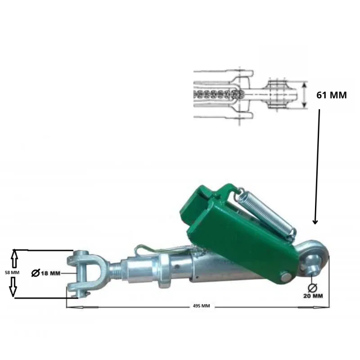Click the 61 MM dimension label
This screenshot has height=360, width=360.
[x=331, y=95]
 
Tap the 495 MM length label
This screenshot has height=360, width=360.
[x=201, y=306]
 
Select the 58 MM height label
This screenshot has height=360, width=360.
[x=12, y=273]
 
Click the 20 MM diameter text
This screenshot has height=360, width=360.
[x=313, y=296]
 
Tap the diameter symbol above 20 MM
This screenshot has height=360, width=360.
[x=312, y=288]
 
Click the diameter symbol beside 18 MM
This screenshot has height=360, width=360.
[x=36, y=273]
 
